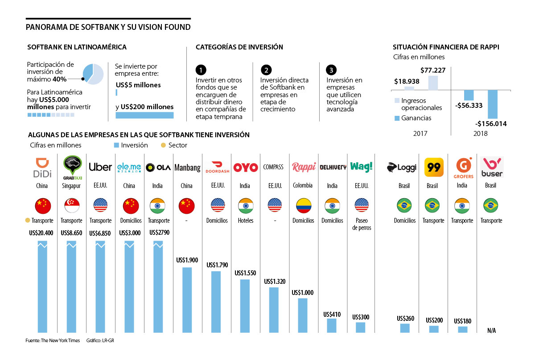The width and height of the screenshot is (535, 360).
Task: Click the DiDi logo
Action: click(x=43, y=167)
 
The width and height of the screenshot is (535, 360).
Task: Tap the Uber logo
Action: click(x=100, y=167)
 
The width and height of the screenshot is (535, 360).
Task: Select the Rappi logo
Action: click(x=304, y=167)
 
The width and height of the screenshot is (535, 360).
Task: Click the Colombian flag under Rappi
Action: click(x=304, y=205)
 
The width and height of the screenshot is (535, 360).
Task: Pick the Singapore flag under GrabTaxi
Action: click(x=71, y=205)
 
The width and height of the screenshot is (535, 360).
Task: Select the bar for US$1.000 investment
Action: click(x=303, y=315)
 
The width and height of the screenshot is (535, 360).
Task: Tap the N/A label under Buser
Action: click(x=491, y=330)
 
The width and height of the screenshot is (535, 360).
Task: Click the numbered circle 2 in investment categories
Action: click(x=266, y=70)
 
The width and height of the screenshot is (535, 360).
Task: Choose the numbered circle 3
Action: click(x=331, y=70)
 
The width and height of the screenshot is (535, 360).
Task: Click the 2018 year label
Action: click(x=481, y=133)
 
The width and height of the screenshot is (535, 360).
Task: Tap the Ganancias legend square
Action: click(x=397, y=119)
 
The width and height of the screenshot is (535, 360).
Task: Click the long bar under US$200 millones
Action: click(x=144, y=115)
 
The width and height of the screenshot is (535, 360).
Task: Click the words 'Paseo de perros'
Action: click(x=361, y=224)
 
